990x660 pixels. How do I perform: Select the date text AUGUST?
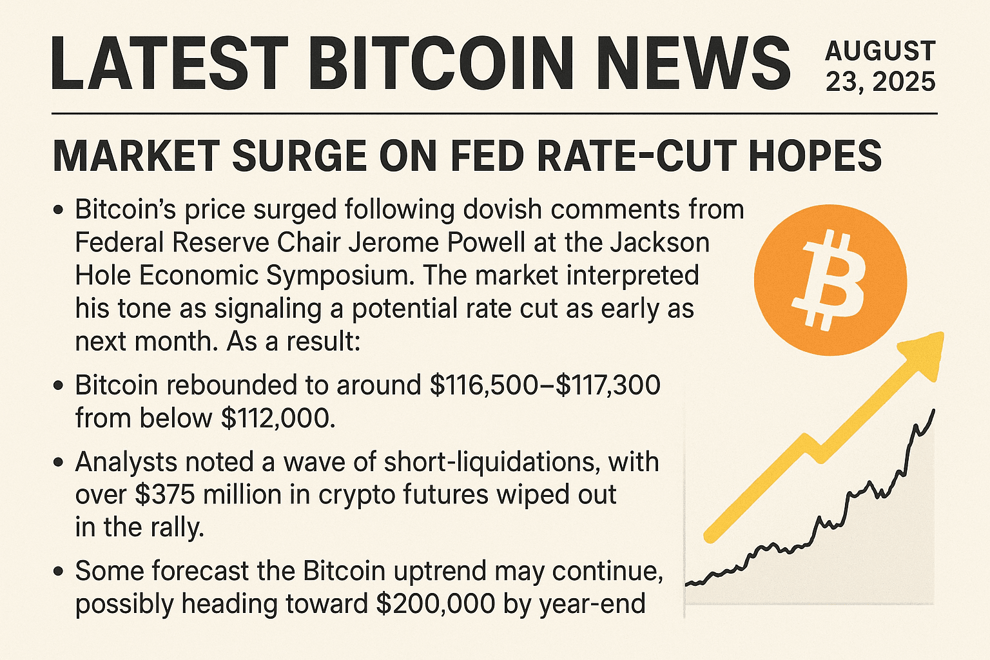880,51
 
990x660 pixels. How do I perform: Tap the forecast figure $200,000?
435,604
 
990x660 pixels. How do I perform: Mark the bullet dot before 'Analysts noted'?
59,462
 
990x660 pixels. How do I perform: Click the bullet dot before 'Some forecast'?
59,571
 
